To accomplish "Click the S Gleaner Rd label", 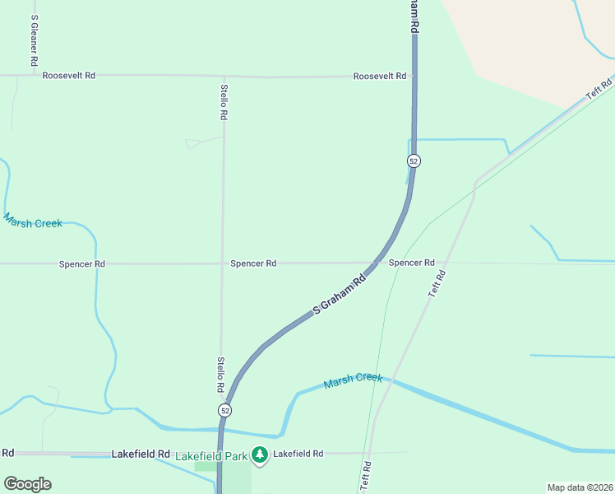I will (33, 40).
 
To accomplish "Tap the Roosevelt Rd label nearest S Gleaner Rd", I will (68, 75).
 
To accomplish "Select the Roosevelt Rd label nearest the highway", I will (380, 76).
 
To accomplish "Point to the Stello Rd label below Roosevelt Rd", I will (224, 102).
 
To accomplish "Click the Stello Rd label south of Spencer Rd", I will (220, 374).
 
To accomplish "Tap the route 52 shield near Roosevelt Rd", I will (414, 161).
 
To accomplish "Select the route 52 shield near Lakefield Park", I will (224, 410).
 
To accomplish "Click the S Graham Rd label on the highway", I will (340, 294).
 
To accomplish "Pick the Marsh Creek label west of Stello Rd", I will (33, 221).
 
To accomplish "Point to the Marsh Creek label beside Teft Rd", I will (354, 380).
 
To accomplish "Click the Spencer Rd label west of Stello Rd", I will (82, 264).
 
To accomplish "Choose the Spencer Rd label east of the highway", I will (411, 263).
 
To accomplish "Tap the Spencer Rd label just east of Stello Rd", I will (253, 263).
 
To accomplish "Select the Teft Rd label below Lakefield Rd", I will (366, 476).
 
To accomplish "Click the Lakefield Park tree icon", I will (260, 454).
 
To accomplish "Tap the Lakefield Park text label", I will (211, 454).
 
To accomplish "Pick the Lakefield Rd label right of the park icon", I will (298, 454).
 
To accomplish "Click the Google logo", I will (27, 484).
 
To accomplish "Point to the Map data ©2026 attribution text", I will (579, 487).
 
